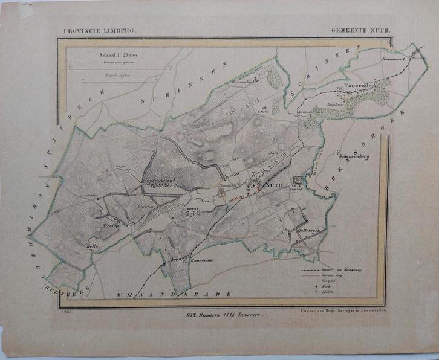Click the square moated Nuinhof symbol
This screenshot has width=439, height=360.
tap(298, 181)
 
